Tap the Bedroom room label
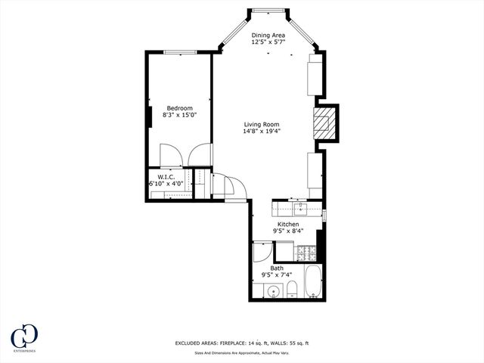[x=180, y=107]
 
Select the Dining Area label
[x=269, y=35]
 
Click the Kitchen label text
[x=288, y=225]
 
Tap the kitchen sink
[x=298, y=207]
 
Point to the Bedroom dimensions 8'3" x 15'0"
[x=180, y=115]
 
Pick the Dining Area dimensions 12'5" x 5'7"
[x=269, y=42]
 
